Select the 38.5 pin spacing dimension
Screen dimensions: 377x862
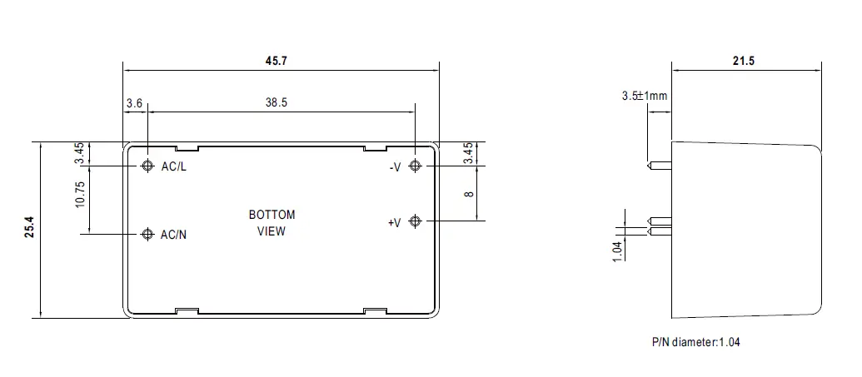tap(277, 103)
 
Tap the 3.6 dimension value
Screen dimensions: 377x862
tap(134, 103)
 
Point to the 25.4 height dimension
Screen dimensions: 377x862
tap(29, 229)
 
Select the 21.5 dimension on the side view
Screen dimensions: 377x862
tap(744, 62)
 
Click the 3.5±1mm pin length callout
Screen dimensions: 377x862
tap(644, 96)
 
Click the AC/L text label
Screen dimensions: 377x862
tap(174, 167)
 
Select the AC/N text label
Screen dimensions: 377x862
tap(174, 235)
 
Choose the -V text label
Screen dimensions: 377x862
tap(395, 167)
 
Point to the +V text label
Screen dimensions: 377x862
tap(394, 222)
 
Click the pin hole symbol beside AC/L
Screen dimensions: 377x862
tap(147, 166)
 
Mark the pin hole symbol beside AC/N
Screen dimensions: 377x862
tap(147, 234)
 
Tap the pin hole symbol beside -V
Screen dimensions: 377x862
tap(415, 166)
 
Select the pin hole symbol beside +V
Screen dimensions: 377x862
tap(415, 221)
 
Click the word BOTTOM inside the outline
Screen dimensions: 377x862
tap(272, 215)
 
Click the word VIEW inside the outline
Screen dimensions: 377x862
tap(272, 231)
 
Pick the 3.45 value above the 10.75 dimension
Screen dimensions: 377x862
tap(79, 153)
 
